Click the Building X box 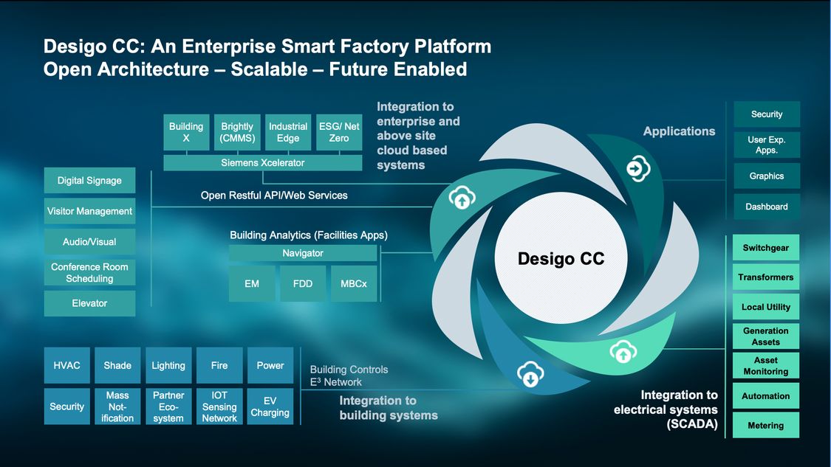pos(186,132)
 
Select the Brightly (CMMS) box pos(237,132)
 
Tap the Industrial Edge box pos(288,132)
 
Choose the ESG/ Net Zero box pos(339,132)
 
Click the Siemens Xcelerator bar pos(262,162)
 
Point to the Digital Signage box pos(89,181)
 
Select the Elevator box pos(89,303)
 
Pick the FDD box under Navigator pos(303,284)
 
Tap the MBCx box pos(354,284)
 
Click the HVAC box pos(67,366)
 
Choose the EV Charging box pos(270,407)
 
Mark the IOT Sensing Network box pos(219,407)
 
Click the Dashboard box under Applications pos(767,207)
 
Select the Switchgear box pos(766,248)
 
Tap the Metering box pos(766,426)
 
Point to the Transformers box pos(766,277)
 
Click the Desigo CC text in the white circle pos(561,259)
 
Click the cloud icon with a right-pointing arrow pos(636,169)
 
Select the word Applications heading pos(679,131)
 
